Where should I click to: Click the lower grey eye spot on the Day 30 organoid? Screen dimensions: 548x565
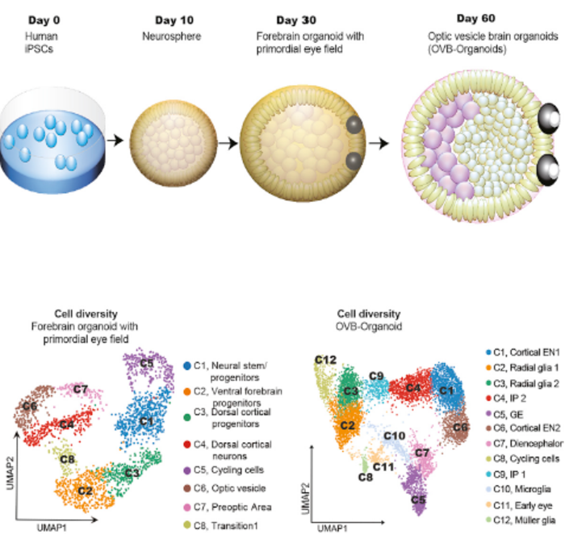(352, 162)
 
